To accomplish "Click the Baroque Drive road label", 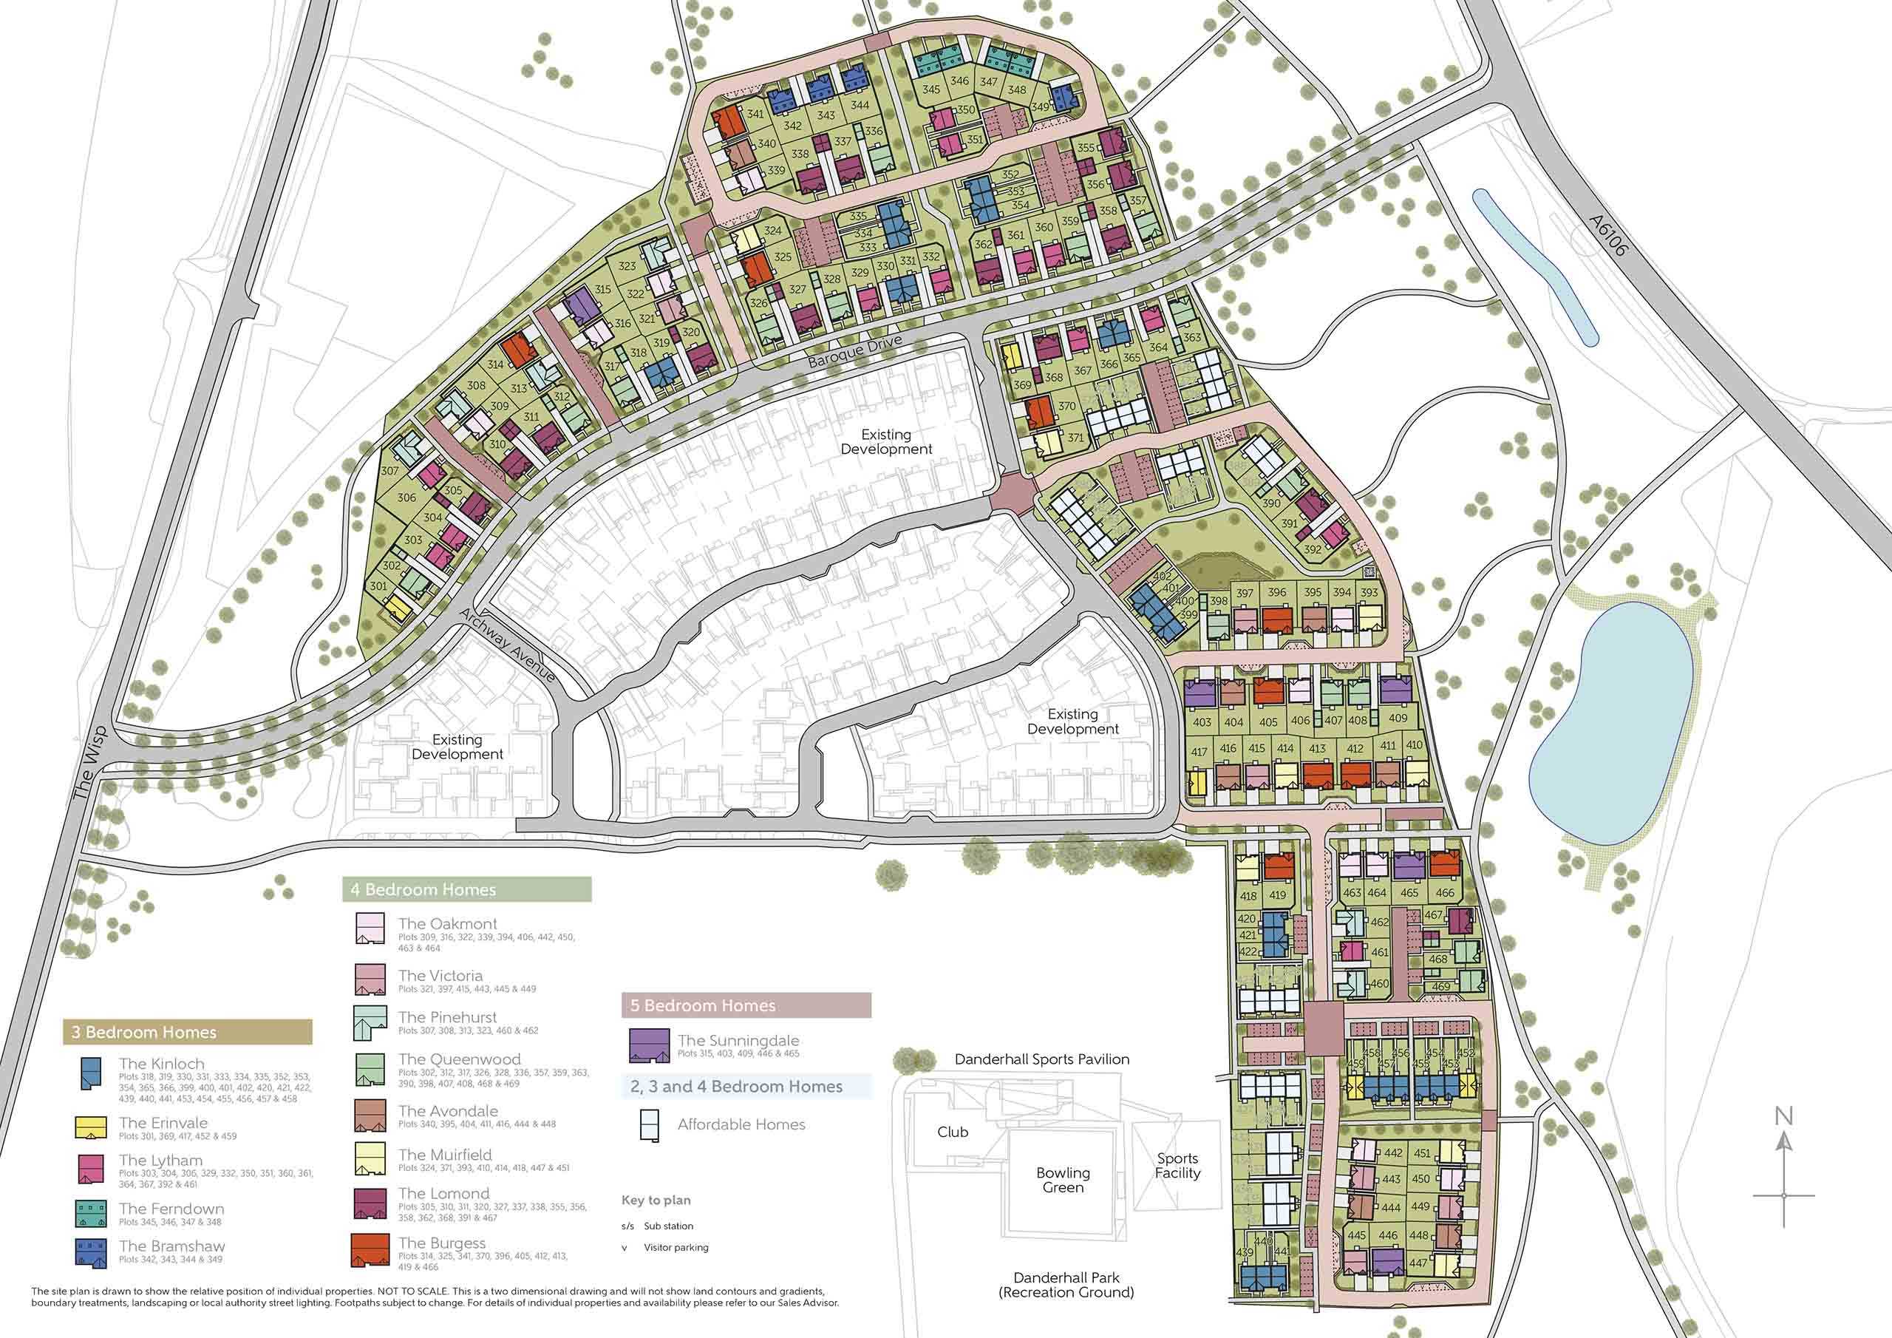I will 854,351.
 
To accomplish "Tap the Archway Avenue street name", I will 508,646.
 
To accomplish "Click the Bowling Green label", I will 1063,1180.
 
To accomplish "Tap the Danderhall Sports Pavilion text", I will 1041,1059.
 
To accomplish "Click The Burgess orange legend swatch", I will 370,1250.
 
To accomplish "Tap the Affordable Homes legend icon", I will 650,1125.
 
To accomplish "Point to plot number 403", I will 1202,722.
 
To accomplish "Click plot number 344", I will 860,105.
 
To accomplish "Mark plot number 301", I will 378,587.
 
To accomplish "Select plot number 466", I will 1445,893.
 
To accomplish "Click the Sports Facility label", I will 1177,1166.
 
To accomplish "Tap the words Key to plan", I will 656,1200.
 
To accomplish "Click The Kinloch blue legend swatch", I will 91,1074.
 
